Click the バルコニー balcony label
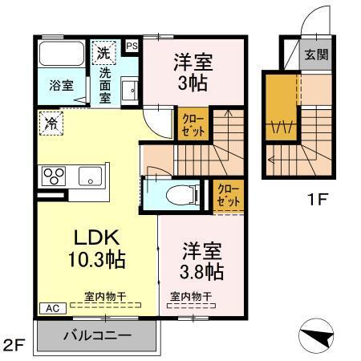[x=97, y=335]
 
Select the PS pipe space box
[x=132, y=47]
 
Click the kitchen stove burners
[x=55, y=174]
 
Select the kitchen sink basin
[x=87, y=174]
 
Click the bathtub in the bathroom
[x=60, y=55]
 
